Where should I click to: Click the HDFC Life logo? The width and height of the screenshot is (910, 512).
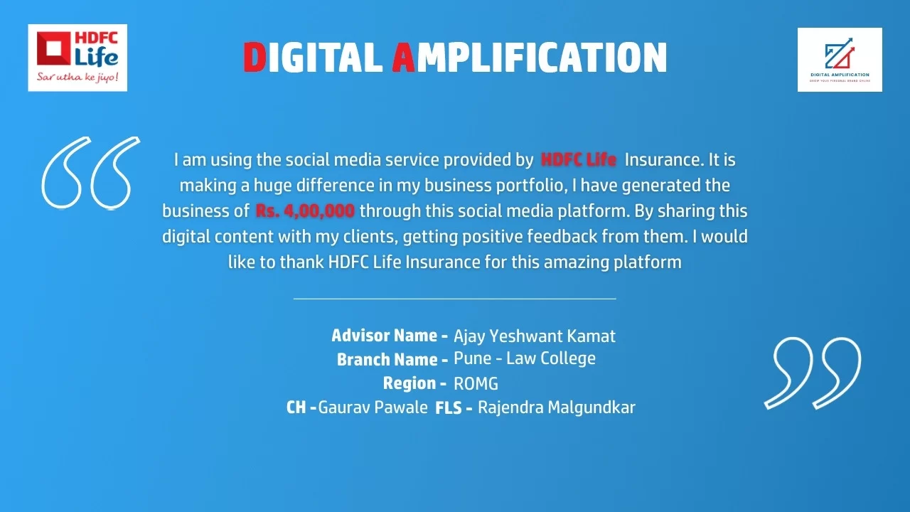tap(77, 58)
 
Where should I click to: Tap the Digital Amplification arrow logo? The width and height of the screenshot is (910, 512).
tap(840, 60)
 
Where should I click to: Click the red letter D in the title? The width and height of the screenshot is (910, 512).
tap(255, 58)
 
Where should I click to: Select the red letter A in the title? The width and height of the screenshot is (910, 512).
tap(403, 58)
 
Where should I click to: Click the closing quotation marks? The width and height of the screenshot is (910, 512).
tap(813, 373)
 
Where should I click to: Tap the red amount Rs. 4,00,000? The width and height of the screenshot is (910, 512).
tap(305, 211)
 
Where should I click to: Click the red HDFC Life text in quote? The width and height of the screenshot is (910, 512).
tap(579, 160)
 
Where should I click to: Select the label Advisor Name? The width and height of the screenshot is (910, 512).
tap(390, 336)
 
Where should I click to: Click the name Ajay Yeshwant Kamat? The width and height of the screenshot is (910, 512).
tap(534, 336)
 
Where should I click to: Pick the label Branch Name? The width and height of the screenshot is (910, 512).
tap(392, 360)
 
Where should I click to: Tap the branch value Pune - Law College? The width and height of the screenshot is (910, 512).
tap(525, 359)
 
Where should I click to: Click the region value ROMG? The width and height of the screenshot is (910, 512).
tap(476, 384)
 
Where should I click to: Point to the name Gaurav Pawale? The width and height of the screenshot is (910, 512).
tap(373, 407)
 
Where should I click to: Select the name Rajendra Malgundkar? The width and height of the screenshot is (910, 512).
tap(557, 407)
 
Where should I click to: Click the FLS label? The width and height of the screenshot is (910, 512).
tap(449, 408)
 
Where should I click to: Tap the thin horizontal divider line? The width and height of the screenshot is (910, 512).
tap(454, 299)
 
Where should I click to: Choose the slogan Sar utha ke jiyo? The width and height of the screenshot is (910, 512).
tap(77, 77)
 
